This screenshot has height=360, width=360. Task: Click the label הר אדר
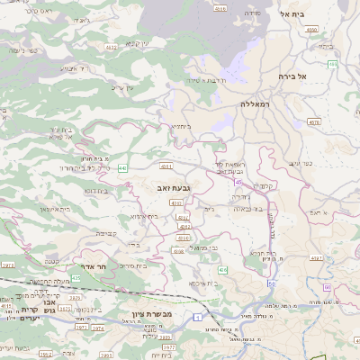(108, 267)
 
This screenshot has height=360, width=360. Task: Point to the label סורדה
(252, 13)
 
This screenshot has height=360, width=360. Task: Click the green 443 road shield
(121, 168)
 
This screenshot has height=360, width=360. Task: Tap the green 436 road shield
(223, 269)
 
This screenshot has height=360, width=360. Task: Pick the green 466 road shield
(332, 65)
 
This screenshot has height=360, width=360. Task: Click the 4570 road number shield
(313, 121)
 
